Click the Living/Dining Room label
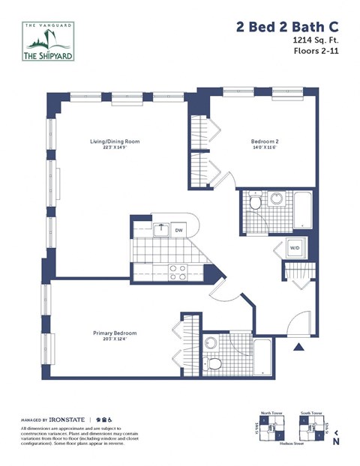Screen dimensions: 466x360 [x=115, y=142]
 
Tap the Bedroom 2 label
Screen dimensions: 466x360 [x=264, y=142]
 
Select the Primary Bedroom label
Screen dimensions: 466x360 [x=115, y=333]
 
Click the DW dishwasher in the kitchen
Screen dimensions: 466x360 [x=178, y=231]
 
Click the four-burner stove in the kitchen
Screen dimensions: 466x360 [x=178, y=272]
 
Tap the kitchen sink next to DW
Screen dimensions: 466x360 [x=160, y=229]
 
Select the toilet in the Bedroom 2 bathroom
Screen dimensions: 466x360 [x=255, y=202]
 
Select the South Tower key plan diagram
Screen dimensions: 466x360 [x=311, y=428]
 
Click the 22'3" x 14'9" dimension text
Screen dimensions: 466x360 [x=115, y=148]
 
